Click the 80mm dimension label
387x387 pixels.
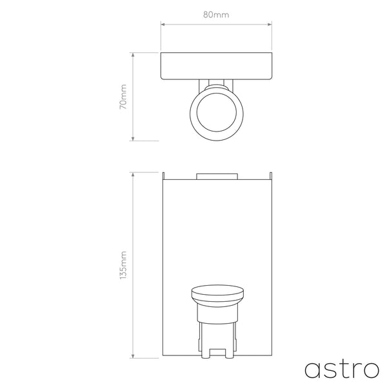pyautogui.click(x=215, y=14)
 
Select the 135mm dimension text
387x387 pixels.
pyautogui.click(x=124, y=265)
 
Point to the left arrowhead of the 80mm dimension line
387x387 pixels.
pyautogui.click(x=162, y=25)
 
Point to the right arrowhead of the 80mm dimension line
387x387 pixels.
pyautogui.click(x=268, y=25)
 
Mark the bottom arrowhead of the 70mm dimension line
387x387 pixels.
pyautogui.click(x=132, y=139)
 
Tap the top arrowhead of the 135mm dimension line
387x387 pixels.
pyautogui.click(x=132, y=174)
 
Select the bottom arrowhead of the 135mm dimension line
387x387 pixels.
pyautogui.click(x=132, y=357)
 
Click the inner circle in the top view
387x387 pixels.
pyautogui.click(x=215, y=115)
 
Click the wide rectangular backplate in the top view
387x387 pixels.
pyautogui.click(x=215, y=66)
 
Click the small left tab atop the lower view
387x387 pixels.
pyautogui.click(x=164, y=175)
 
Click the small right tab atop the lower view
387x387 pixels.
pyautogui.click(x=270, y=175)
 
